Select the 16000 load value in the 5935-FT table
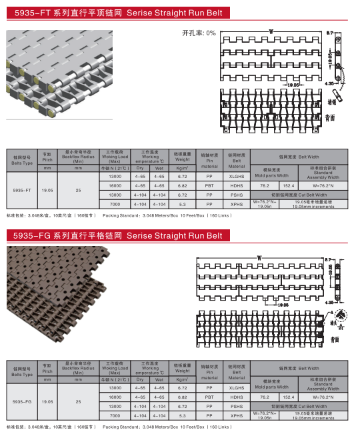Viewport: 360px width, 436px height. [x=115, y=185]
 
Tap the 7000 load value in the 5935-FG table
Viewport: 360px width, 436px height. [x=115, y=415]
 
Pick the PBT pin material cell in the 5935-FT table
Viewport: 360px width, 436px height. [x=209, y=185]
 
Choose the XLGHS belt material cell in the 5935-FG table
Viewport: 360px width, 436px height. [x=237, y=387]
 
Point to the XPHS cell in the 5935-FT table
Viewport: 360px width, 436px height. [x=237, y=204]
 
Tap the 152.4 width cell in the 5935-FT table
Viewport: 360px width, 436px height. [x=289, y=185]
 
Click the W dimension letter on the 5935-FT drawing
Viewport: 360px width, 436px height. [x=271, y=31]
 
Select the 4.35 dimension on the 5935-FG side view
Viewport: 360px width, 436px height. [x=329, y=302]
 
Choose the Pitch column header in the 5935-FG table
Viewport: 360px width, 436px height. [x=47, y=368]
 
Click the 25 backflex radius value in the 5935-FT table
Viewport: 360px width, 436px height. [x=79, y=190]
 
